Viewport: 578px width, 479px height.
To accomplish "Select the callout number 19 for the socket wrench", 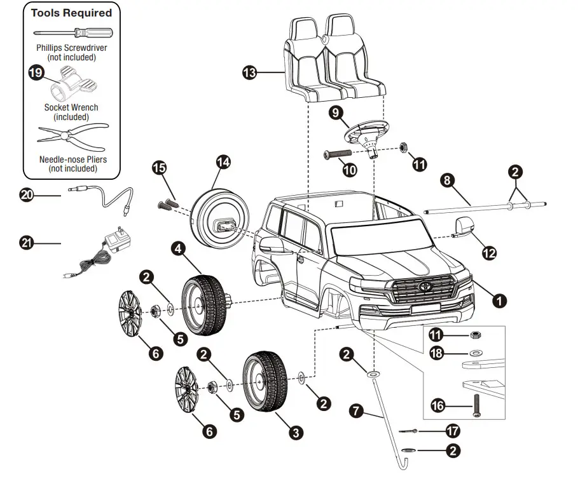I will (37, 73).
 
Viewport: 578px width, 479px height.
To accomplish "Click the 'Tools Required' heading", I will (71, 13).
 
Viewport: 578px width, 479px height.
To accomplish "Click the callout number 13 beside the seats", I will (250, 73).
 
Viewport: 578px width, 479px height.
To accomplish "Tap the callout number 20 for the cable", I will (27, 196).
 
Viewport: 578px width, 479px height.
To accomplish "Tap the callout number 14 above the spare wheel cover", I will (223, 162).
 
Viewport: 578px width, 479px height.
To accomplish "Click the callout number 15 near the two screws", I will (159, 168).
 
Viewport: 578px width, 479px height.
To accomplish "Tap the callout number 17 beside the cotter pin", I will (453, 431).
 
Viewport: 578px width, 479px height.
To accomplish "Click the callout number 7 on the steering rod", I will (358, 411).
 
